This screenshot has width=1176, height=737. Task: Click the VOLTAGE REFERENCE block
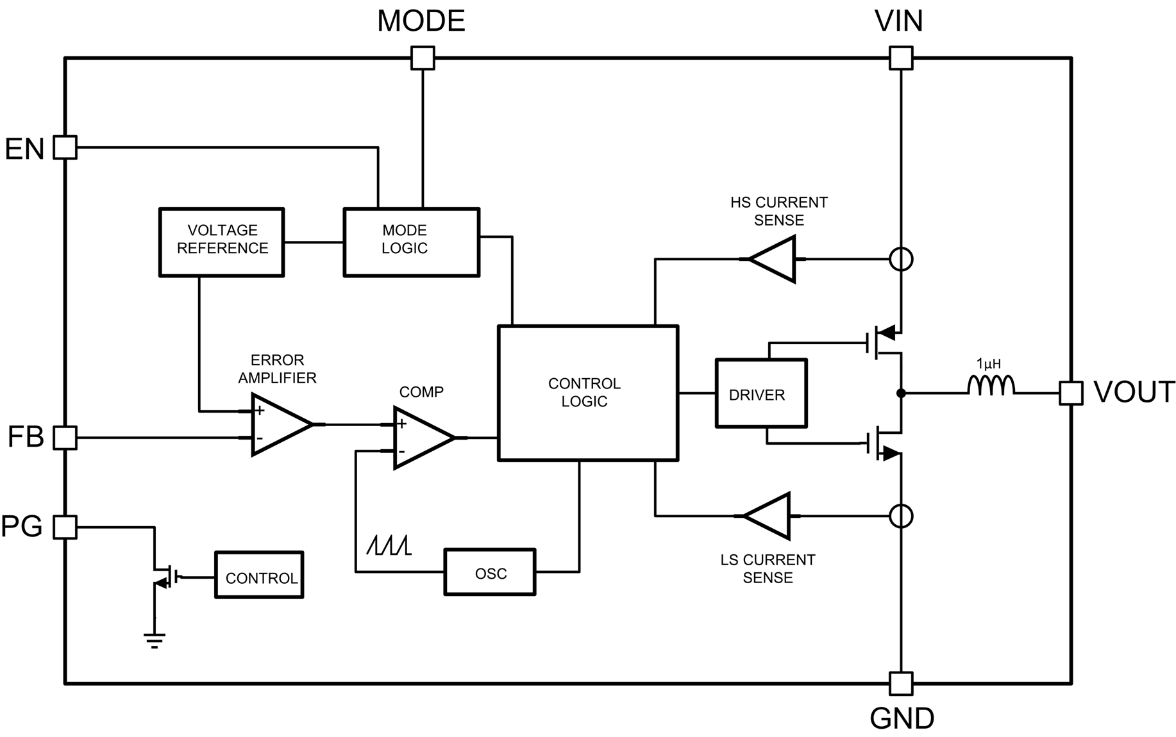point(221,242)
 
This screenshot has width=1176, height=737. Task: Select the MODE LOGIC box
point(411,242)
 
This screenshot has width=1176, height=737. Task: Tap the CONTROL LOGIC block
point(587,393)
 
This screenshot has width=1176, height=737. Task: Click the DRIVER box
point(760,393)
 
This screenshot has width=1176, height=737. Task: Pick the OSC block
point(490,572)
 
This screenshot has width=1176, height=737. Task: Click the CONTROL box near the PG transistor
point(259,576)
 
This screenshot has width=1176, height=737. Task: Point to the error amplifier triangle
point(278,424)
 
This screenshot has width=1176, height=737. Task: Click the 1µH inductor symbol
point(991,386)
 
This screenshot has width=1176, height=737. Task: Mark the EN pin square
point(65,147)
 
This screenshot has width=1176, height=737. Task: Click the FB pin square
point(65,438)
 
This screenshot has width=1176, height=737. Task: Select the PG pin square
point(65,527)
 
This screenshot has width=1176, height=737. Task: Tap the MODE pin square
point(423,58)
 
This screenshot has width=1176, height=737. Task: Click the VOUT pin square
point(1070,393)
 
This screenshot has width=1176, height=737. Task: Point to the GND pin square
point(901,684)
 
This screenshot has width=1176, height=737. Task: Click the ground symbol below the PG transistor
point(155,640)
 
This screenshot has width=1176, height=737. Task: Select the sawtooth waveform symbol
point(389,545)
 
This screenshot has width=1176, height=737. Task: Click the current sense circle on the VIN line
point(901,259)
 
